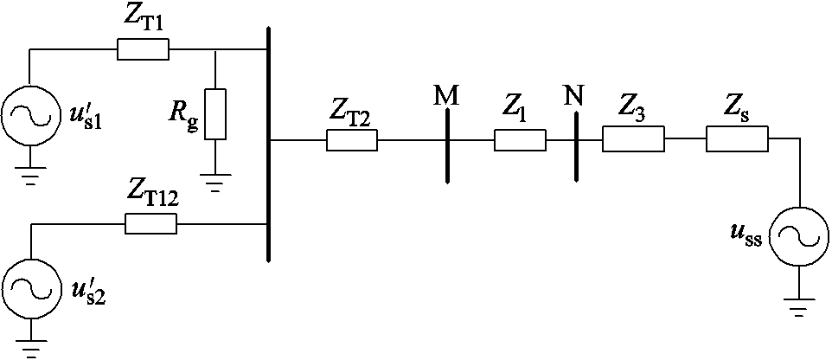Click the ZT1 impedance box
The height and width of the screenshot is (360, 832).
pyautogui.click(x=143, y=50)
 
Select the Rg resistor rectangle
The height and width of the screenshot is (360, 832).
pyautogui.click(x=214, y=113)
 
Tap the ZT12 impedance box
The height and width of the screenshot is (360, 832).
pyautogui.click(x=150, y=224)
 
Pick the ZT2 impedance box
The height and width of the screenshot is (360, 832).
pyautogui.click(x=351, y=140)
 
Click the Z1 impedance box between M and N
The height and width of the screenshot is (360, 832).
pyautogui.click(x=519, y=140)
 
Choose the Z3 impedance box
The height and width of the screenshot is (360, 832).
pyautogui.click(x=632, y=139)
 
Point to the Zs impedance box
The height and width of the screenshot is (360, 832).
pyautogui.click(x=736, y=139)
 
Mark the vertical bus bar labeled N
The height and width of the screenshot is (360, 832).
pyautogui.click(x=576, y=145)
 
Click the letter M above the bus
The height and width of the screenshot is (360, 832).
pyautogui.click(x=446, y=96)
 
